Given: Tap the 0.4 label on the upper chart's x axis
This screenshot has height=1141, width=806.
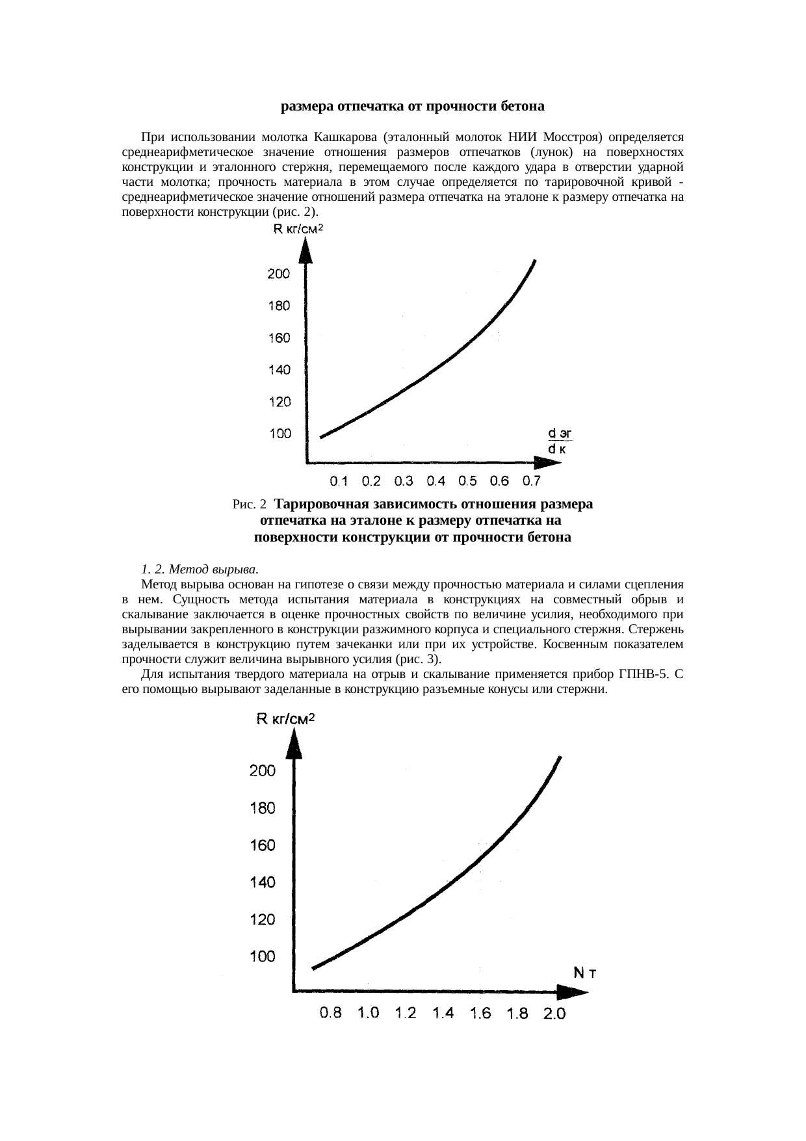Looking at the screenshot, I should click(x=435, y=482).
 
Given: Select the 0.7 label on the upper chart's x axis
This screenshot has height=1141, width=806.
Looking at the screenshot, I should click(x=532, y=482).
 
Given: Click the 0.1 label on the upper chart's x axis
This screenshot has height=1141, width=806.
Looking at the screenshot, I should click(x=339, y=482).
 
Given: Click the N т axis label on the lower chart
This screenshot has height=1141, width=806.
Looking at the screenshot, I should click(x=586, y=973).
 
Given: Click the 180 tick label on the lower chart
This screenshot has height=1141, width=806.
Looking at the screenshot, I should click(x=263, y=808).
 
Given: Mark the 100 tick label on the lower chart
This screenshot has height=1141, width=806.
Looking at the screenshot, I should click(x=263, y=956).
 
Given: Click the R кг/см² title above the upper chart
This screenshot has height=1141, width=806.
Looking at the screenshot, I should click(x=297, y=229).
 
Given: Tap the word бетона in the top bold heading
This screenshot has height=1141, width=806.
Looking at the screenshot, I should click(x=523, y=105).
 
